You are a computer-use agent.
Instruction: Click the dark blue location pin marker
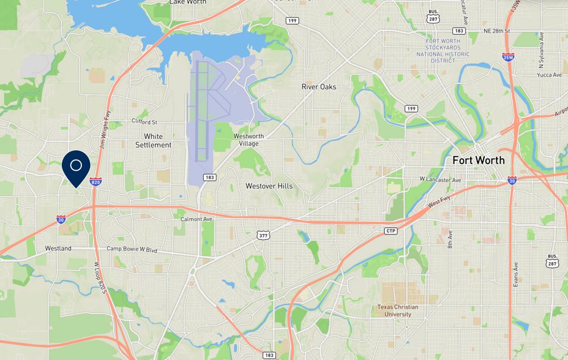click(76, 166)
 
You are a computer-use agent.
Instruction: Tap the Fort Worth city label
click(478, 160)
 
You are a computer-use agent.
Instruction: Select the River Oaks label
click(319, 87)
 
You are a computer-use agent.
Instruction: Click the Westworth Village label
click(246, 140)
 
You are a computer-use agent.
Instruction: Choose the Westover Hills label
click(269, 186)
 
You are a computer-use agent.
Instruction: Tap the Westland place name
click(58, 249)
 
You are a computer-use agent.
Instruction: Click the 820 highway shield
click(95, 182)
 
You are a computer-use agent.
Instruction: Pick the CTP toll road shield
click(391, 231)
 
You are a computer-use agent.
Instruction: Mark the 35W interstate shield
click(507, 57)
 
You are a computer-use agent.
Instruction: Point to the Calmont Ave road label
click(196, 219)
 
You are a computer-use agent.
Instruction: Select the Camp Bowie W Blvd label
click(132, 250)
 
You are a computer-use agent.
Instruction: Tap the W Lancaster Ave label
click(440, 179)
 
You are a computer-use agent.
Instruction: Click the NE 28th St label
click(496, 31)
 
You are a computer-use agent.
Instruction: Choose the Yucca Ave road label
click(549, 75)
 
